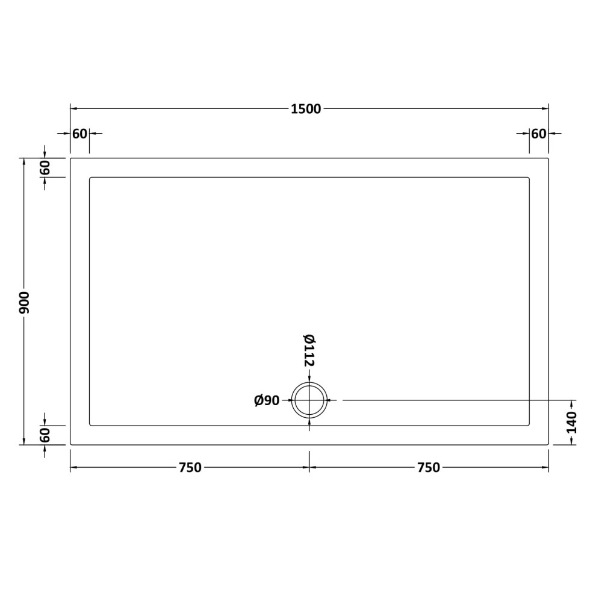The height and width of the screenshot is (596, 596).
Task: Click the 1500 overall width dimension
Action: [306, 109]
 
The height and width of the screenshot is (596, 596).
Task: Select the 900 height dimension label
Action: [25, 303]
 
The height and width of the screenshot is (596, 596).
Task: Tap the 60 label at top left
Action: [80, 134]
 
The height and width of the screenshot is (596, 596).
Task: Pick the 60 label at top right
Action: [539, 134]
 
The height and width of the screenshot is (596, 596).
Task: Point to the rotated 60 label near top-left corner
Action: [45, 167]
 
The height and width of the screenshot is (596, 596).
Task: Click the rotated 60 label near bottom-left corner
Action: [45, 435]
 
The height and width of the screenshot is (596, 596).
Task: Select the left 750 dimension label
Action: [190, 468]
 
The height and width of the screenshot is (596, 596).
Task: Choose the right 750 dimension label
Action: [429, 468]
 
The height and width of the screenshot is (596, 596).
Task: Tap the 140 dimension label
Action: [571, 422]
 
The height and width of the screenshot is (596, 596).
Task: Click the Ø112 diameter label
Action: [309, 350]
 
